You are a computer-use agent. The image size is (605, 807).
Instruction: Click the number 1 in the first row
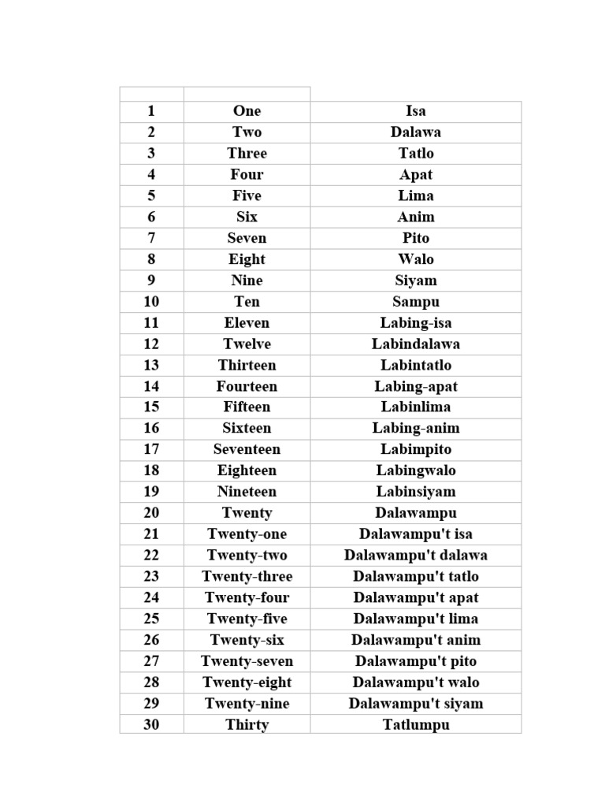[x=151, y=111]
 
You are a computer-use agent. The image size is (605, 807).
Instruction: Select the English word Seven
[x=247, y=238]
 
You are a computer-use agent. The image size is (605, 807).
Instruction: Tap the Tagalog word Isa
[x=415, y=111]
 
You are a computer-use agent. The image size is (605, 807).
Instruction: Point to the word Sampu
[x=415, y=302]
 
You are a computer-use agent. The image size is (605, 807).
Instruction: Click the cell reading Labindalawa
[x=415, y=344]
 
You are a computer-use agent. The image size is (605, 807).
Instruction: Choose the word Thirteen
[x=247, y=365]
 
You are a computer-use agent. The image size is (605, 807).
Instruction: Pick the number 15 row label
[x=151, y=407]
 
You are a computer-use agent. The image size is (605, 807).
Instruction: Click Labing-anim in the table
[x=415, y=428]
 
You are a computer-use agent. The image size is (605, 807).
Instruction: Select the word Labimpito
[x=415, y=449]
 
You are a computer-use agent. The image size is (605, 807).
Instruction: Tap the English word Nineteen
[x=247, y=492]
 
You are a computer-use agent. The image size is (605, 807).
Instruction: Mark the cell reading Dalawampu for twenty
[x=415, y=513]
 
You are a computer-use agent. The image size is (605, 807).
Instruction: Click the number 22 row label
[x=151, y=556]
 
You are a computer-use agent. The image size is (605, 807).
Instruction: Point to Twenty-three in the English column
[x=247, y=577]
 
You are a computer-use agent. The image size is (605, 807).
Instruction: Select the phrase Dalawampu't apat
[x=415, y=597]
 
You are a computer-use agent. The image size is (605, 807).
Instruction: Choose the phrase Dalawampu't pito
[x=415, y=661]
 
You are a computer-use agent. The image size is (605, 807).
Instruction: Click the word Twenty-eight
[x=247, y=682]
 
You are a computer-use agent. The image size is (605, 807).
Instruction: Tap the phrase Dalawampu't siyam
[x=415, y=704]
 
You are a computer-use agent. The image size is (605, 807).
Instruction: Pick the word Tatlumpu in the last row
[x=415, y=725]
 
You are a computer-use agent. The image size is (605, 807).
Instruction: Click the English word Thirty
[x=247, y=725]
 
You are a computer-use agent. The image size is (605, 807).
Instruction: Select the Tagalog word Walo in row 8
[x=415, y=259]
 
